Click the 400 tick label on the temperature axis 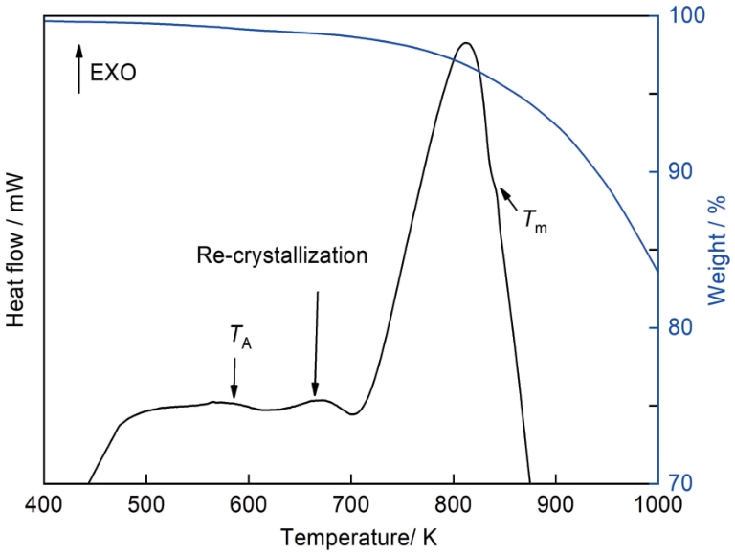click(43, 504)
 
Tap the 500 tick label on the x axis click(145, 504)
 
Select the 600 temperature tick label click(248, 504)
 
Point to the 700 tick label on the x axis click(350, 504)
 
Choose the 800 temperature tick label click(453, 504)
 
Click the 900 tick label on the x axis click(555, 504)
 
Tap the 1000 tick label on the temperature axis click(653, 504)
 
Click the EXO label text click(113, 72)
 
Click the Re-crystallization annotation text click(281, 255)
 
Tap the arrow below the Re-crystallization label click(316, 344)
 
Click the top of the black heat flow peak click(466, 43)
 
